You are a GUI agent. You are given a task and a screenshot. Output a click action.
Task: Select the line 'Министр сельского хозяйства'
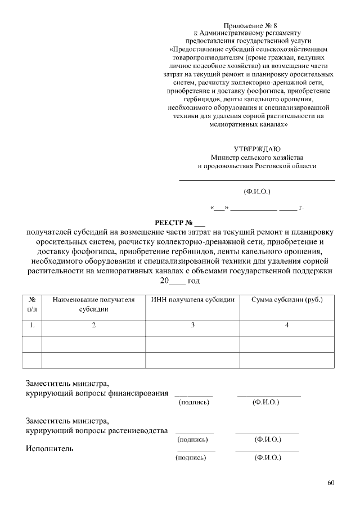256,157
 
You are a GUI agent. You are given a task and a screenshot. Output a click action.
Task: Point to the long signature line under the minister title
256,181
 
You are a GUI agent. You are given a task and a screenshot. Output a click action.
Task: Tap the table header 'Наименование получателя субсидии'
93,304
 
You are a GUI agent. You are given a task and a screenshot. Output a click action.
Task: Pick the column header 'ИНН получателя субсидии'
192,300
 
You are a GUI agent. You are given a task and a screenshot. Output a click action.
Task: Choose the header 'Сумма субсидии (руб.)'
287,300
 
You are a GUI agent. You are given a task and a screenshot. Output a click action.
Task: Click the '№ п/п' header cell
33,304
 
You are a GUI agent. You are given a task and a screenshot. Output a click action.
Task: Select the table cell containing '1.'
33,325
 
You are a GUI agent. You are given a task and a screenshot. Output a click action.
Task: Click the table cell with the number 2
93,325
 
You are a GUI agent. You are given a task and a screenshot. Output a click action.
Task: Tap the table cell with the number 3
192,325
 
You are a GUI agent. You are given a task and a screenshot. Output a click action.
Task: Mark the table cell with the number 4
287,325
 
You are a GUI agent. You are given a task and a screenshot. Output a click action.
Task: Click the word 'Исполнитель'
49,449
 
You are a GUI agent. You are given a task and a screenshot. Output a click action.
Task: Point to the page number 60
331,483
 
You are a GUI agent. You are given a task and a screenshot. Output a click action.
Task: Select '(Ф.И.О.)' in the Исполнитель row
268,458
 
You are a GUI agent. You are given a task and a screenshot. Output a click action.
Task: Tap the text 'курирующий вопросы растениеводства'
97,431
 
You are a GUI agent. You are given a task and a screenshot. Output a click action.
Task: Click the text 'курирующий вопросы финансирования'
97,393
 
